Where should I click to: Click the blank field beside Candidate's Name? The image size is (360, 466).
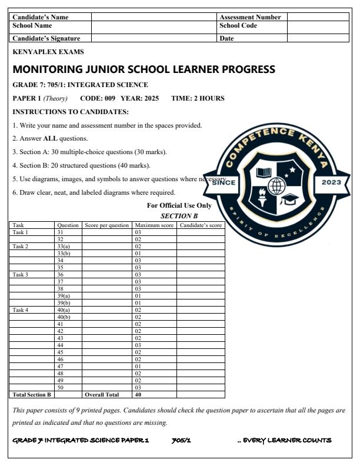click(154, 17)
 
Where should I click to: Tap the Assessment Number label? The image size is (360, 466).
click(250, 17)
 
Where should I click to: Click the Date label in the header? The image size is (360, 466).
click(226, 38)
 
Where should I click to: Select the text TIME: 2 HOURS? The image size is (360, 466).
click(198, 98)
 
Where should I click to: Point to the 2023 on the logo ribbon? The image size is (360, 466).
click(332, 182)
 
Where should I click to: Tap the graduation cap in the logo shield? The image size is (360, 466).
click(289, 201)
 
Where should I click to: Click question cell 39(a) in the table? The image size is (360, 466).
click(63, 296)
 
